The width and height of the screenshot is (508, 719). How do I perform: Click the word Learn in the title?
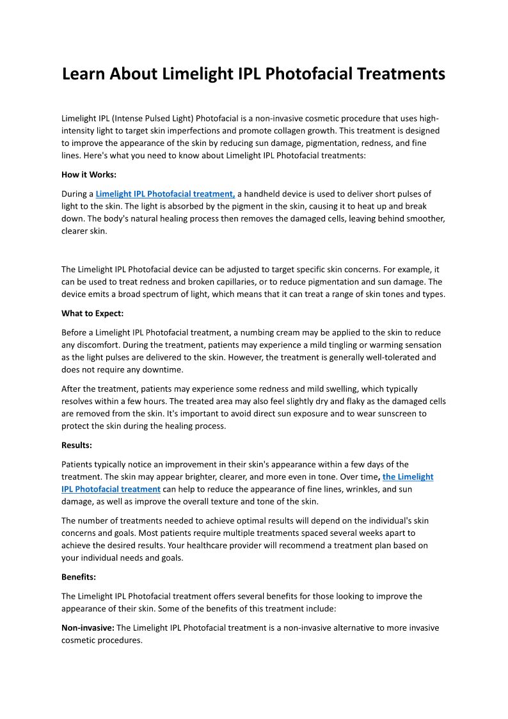84,74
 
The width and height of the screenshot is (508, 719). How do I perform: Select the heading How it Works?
89,174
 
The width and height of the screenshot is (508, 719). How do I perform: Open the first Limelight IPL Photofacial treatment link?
165,193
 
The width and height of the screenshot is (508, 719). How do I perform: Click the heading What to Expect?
92,313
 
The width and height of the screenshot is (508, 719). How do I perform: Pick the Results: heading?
77,445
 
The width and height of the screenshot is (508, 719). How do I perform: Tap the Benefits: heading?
79,577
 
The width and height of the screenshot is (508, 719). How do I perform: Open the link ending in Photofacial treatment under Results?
111,489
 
